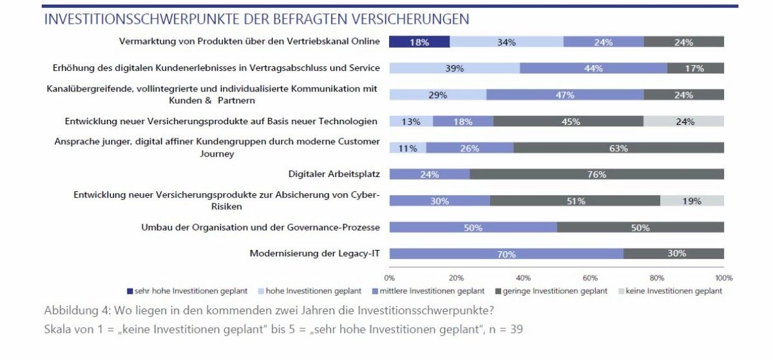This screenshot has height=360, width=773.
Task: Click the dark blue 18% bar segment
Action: click(x=419, y=42)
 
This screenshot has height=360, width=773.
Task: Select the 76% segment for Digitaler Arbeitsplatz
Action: click(x=596, y=174)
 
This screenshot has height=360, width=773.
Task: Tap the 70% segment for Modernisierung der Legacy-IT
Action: click(x=506, y=254)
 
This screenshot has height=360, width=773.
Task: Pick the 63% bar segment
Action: click(x=618, y=147)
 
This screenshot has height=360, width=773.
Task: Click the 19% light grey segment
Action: click(x=692, y=200)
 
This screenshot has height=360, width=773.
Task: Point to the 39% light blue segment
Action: click(x=454, y=68)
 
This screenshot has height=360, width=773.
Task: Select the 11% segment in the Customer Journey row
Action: click(x=408, y=147)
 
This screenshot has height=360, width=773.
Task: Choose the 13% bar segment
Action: click(x=411, y=121)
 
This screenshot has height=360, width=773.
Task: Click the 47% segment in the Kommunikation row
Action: click(x=565, y=95)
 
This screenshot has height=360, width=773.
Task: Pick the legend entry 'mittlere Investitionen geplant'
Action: click(x=434, y=291)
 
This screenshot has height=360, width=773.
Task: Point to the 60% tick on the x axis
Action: click(x=590, y=278)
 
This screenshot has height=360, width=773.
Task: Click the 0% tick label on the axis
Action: click(x=389, y=278)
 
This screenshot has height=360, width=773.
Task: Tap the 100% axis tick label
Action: click(x=723, y=278)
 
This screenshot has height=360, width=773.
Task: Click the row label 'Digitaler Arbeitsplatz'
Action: click(x=334, y=174)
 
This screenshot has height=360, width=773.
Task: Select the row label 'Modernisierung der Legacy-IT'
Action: click(x=314, y=254)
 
